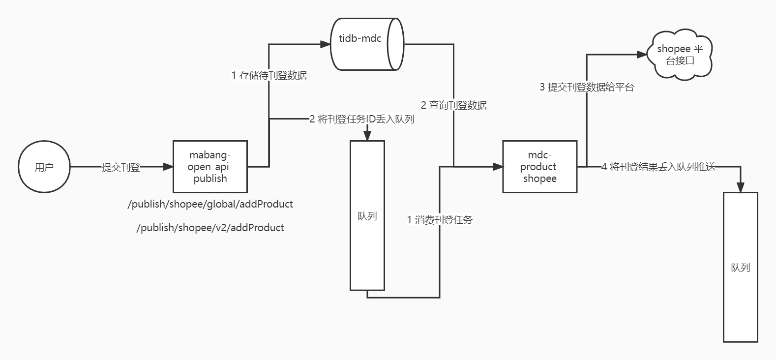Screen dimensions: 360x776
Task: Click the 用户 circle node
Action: [44, 167]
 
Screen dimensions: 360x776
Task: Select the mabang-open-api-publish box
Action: [210, 167]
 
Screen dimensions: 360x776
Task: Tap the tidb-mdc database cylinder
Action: [366, 44]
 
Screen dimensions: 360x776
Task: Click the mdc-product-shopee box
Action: [539, 167]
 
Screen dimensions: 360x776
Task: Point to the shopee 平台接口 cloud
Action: [680, 55]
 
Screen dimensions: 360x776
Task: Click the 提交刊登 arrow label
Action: [120, 167]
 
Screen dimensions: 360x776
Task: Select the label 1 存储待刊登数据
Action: [269, 75]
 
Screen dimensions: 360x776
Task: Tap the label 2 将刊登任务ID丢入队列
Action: [361, 119]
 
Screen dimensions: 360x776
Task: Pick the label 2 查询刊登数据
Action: [453, 105]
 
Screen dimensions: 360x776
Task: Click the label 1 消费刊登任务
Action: [440, 220]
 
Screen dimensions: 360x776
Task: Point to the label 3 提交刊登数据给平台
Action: [587, 87]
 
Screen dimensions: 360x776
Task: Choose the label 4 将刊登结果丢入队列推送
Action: [658, 167]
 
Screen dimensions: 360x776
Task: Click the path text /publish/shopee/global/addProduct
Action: [210, 204]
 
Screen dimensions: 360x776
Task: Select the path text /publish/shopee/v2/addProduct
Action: [210, 228]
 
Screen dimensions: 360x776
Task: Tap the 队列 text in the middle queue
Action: [367, 216]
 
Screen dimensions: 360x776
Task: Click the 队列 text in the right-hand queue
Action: [740, 268]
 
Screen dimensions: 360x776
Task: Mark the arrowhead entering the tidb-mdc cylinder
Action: [326, 44]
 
